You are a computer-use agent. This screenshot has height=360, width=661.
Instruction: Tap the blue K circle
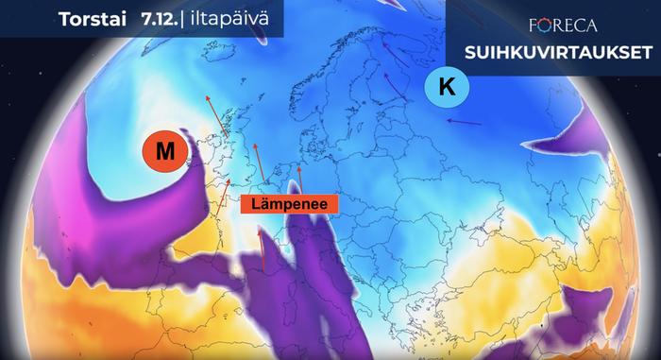447,89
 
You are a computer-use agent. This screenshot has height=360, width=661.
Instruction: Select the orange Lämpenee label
282,203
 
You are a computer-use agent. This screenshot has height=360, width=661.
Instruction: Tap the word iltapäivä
224,19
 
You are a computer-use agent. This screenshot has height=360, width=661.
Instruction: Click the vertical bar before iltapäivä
183,19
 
